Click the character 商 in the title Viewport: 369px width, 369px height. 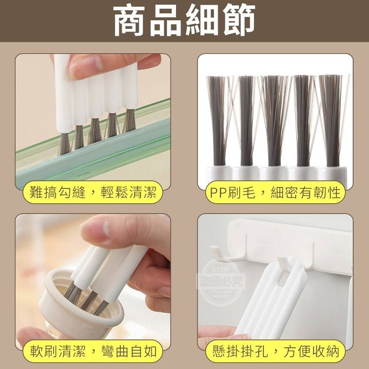click(x=129, y=21)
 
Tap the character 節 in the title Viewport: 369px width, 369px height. click(x=239, y=21)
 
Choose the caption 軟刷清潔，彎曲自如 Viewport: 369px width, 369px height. click(x=93, y=351)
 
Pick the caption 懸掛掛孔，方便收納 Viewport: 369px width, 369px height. click(x=276, y=351)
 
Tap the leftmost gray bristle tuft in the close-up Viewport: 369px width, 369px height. click(x=217, y=121)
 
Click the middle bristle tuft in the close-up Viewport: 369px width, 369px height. click(x=274, y=121)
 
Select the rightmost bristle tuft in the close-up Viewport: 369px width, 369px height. click(x=331, y=121)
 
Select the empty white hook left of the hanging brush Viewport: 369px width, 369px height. click(x=218, y=254)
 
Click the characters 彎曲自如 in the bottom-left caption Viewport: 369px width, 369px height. click(x=129, y=351)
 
